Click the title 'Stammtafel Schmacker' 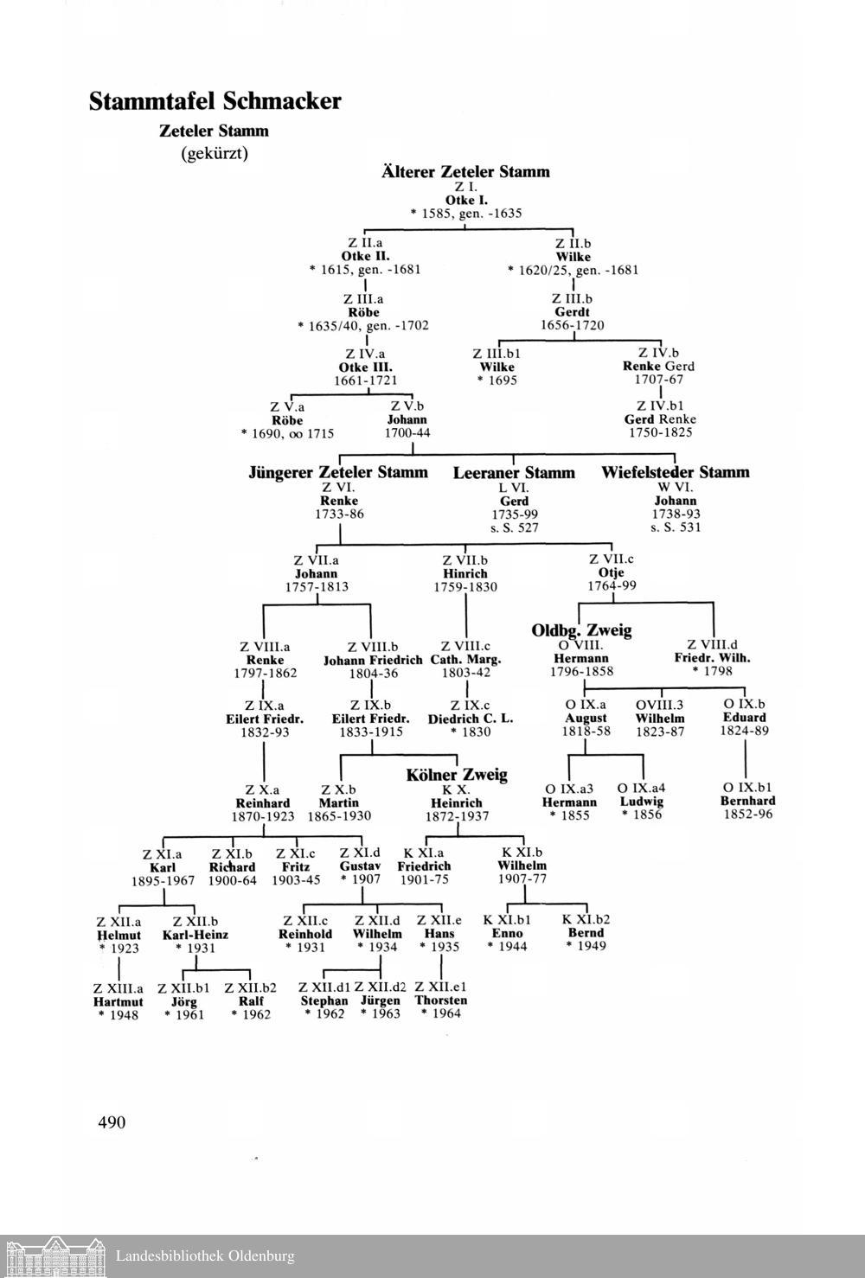click(215, 102)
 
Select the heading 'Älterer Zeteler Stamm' click(465, 171)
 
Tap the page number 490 click(112, 1122)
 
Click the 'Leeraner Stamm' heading click(514, 473)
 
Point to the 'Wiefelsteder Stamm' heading click(675, 473)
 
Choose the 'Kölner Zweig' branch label click(456, 775)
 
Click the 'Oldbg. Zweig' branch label click(581, 630)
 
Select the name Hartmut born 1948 click(118, 1001)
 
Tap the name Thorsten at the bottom click(441, 1000)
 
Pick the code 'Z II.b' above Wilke click(573, 244)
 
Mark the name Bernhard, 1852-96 click(747, 801)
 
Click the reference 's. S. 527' click(514, 527)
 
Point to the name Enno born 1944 click(507, 933)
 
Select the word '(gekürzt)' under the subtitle click(215, 154)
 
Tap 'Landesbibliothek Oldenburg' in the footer click(205, 1256)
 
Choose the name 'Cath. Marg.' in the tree click(465, 660)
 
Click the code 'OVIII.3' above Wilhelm click(659, 705)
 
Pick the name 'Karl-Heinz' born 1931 click(195, 935)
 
